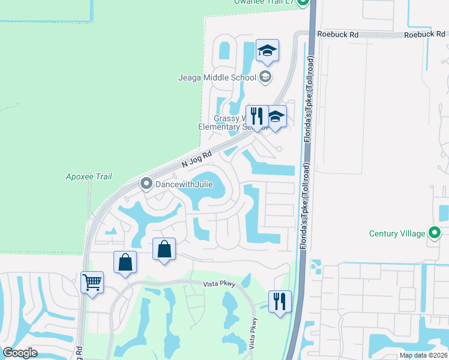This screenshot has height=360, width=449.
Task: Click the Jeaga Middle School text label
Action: (x=217, y=77)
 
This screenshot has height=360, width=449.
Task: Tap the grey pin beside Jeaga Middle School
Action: (x=265, y=77)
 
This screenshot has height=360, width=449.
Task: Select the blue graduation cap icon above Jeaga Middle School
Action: (x=267, y=51)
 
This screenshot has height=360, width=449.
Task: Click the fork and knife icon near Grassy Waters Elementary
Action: (x=257, y=116)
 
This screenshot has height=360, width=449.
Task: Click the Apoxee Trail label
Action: (x=89, y=177)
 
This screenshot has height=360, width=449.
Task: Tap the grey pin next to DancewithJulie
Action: (x=145, y=184)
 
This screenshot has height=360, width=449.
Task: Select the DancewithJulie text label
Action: (x=184, y=184)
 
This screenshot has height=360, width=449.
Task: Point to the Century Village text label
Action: (x=397, y=233)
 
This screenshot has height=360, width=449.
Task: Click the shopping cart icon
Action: (x=92, y=282)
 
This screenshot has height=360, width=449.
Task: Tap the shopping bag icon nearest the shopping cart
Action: (x=125, y=262)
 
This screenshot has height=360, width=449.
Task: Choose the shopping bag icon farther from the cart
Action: (x=164, y=249)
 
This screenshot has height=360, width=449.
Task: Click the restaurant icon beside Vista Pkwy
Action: (x=280, y=301)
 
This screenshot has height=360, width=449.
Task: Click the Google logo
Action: (x=20, y=353)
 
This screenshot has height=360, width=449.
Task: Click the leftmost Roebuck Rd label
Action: (x=338, y=35)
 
